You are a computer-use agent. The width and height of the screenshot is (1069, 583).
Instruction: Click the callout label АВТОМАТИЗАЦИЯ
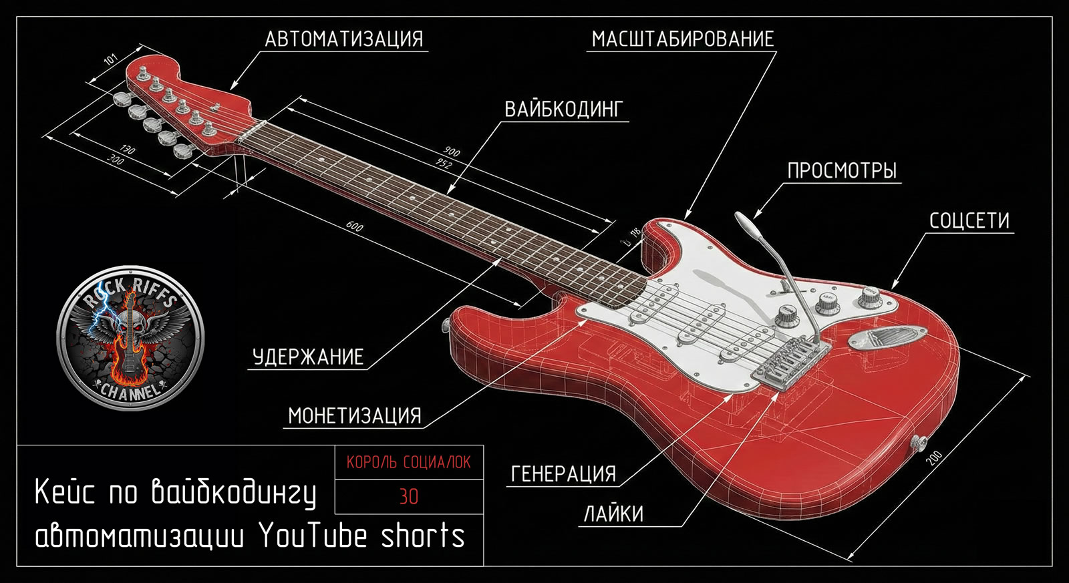(x=343, y=39)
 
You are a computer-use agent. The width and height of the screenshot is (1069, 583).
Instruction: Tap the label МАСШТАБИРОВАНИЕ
(x=683, y=39)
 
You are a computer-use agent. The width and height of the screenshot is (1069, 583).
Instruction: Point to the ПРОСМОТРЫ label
(x=842, y=170)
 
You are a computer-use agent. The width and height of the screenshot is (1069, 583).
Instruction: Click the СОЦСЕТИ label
(x=969, y=221)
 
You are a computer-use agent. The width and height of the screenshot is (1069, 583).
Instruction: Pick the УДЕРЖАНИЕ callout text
(x=308, y=357)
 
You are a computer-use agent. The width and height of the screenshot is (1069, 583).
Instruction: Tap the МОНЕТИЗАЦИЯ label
(x=355, y=416)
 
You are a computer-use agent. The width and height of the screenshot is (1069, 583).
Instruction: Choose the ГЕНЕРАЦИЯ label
(x=563, y=474)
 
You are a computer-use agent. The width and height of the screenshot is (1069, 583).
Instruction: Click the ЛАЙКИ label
(x=613, y=514)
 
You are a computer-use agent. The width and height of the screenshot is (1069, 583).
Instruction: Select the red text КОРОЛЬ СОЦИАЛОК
(x=408, y=462)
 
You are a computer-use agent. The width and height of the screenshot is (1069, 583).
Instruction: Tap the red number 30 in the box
(x=408, y=497)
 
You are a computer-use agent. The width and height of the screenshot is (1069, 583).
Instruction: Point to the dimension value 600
(x=355, y=227)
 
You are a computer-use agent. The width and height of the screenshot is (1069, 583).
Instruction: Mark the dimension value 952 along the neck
(x=444, y=164)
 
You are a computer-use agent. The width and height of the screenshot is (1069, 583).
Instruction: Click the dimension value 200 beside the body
(x=933, y=458)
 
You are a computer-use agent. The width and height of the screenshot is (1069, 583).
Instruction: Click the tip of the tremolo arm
(x=740, y=217)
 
